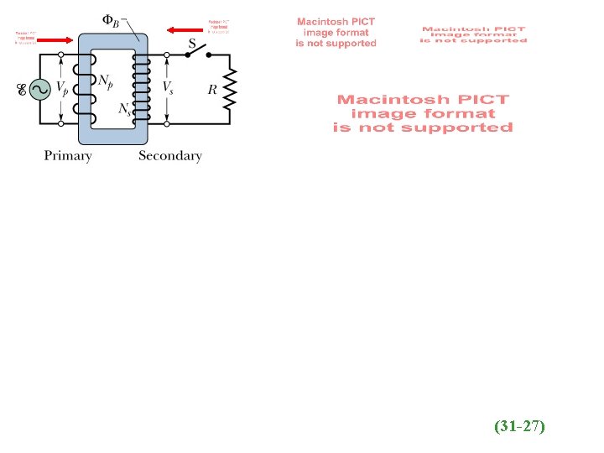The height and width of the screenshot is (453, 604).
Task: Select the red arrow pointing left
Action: [184, 30]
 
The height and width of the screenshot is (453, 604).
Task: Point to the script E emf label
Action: [21, 91]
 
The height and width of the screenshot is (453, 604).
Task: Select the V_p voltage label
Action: [62, 90]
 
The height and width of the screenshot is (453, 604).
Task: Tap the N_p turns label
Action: [107, 81]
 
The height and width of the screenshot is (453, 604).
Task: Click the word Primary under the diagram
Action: [68, 155]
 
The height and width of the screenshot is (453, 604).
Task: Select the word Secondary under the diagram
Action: [170, 155]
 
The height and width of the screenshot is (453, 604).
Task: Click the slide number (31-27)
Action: [519, 427]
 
